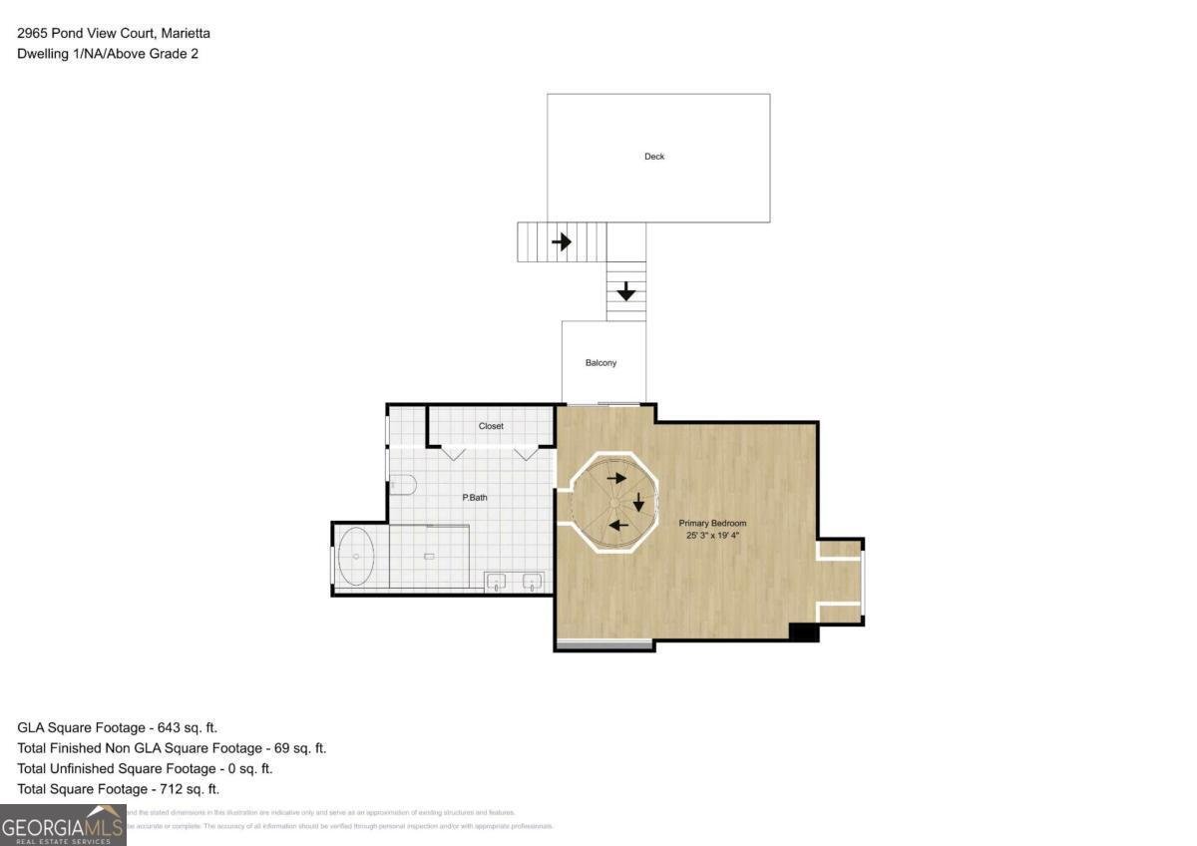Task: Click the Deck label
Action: click(654, 157)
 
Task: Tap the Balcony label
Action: click(600, 363)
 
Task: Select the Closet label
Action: click(491, 426)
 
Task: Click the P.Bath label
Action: click(474, 497)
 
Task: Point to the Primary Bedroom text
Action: click(712, 523)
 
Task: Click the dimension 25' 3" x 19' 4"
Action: click(712, 536)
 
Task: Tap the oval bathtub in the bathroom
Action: click(356, 559)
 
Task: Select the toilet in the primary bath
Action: click(402, 484)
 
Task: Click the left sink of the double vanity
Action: click(497, 583)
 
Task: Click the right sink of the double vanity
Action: click(533, 583)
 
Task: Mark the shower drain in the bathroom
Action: click(430, 556)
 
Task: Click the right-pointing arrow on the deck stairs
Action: click(562, 241)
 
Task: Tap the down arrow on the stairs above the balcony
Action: click(625, 291)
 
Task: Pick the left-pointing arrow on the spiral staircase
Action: click(618, 526)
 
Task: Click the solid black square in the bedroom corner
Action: click(803, 633)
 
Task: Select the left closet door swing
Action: click(454, 454)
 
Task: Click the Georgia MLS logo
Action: click(62, 825)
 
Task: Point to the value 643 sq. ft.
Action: click(181, 728)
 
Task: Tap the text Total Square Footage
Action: click(83, 789)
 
